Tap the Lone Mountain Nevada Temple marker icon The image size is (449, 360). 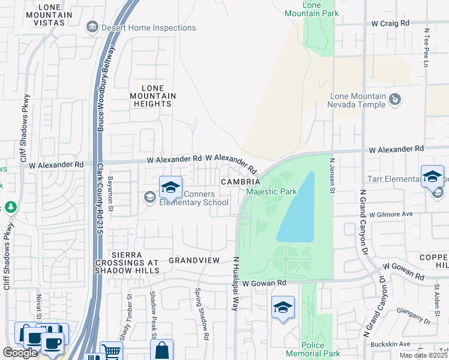pos(396,99)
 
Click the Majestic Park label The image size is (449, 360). pos(271,192)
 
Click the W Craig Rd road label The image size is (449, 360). pos(390,23)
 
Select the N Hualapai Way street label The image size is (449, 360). pos(236,282)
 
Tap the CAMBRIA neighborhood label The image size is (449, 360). pos(240,182)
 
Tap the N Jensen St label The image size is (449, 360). pos(331,175)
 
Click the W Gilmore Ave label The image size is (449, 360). pos(391,214)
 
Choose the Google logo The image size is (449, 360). pos(20,353)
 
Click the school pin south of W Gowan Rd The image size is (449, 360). pos(283,307)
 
